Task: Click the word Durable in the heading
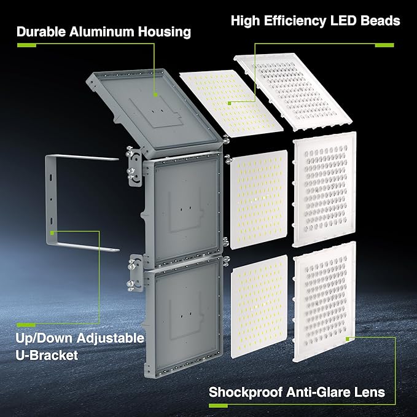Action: click(42, 31)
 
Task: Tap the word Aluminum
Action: click(103, 31)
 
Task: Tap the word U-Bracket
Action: click(47, 356)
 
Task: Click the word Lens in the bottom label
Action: click(371, 391)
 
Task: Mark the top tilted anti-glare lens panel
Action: click(289, 86)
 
